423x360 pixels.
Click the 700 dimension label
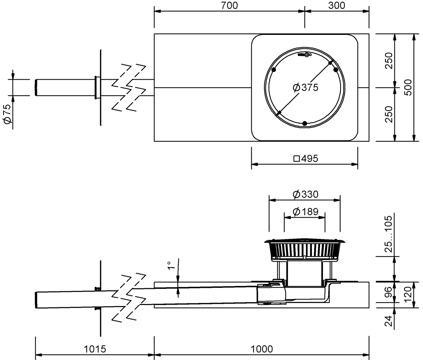229,6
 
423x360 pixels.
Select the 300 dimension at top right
337,6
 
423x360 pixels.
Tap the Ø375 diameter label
306,88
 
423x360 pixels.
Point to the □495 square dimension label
306,159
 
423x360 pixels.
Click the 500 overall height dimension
409,87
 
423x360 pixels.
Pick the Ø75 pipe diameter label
7,114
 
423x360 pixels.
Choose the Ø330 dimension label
306,194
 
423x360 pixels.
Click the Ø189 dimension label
306,212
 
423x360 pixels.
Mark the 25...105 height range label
388,234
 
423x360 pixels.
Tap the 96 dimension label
388,292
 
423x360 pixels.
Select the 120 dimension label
409,294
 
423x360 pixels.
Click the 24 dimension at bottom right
388,321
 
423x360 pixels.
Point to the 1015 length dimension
95,349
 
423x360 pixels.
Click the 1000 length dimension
262,349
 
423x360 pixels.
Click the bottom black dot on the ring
305,123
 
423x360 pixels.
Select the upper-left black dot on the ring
274,70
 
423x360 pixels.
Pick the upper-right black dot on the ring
336,70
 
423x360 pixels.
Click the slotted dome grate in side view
305,250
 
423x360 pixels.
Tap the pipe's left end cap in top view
36,88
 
